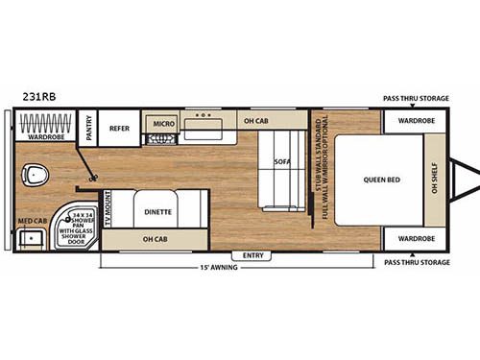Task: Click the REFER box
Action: pos(119,127)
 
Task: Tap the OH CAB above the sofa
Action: pos(255,122)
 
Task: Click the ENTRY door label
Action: pos(253,255)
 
